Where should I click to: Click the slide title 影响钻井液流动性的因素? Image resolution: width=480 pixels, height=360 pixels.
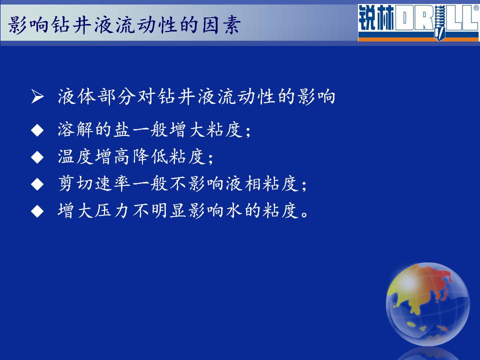pyautogui.click(x=124, y=24)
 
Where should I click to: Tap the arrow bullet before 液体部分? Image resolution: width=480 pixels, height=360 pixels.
pyautogui.click(x=37, y=96)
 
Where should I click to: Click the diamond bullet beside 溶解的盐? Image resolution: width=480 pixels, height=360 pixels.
pyautogui.click(x=37, y=130)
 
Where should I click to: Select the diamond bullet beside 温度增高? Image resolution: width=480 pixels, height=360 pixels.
pyautogui.click(x=37, y=157)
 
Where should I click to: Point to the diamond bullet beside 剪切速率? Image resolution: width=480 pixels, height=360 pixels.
pyautogui.click(x=37, y=184)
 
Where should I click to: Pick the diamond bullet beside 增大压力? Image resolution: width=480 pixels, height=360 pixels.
pyautogui.click(x=37, y=211)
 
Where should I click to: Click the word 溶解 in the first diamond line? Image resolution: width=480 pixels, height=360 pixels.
pyautogui.click(x=75, y=129)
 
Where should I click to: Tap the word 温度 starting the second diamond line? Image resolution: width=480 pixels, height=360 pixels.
pyautogui.click(x=75, y=156)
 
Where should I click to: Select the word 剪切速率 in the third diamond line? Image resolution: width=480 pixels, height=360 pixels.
pyautogui.click(x=94, y=183)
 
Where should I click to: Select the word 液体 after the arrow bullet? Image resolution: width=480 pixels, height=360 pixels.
pyautogui.click(x=76, y=96)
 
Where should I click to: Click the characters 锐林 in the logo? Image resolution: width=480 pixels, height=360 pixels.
pyautogui.click(x=376, y=18)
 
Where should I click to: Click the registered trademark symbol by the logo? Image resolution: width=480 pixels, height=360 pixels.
pyautogui.click(x=476, y=8)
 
